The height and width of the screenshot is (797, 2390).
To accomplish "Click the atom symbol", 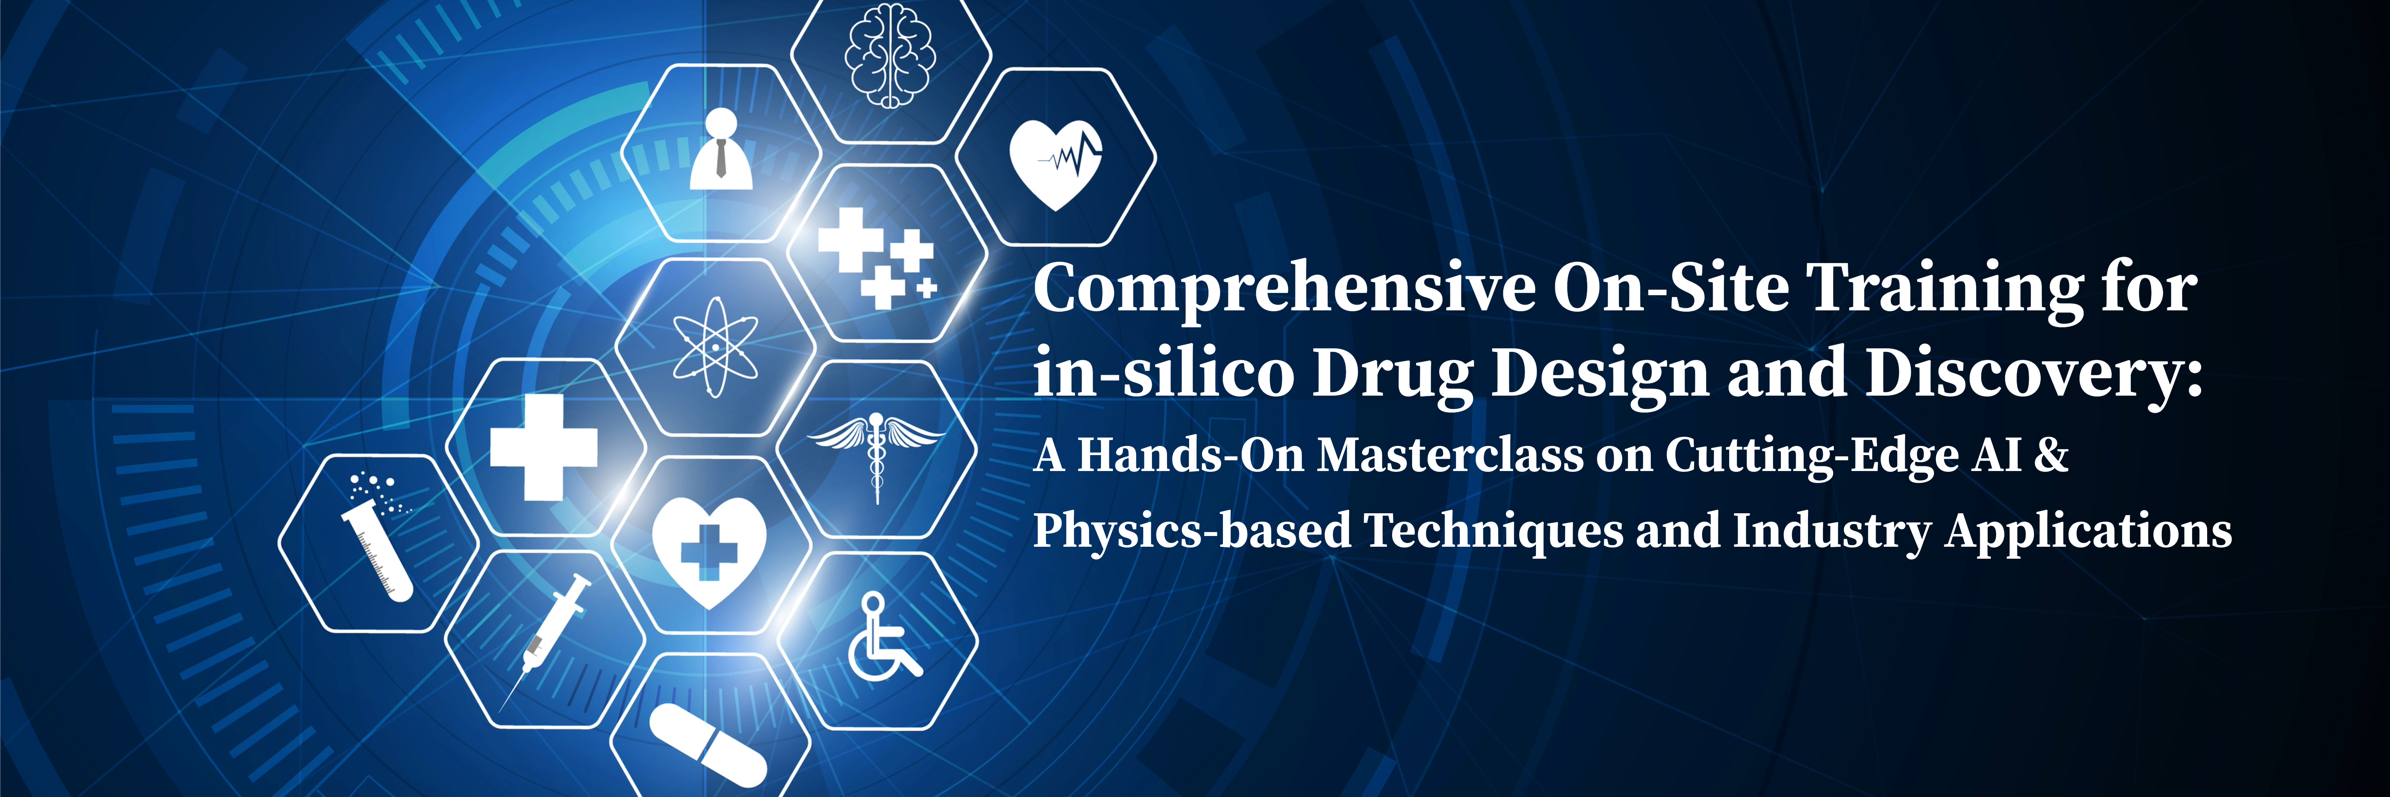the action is (x=714, y=346).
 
